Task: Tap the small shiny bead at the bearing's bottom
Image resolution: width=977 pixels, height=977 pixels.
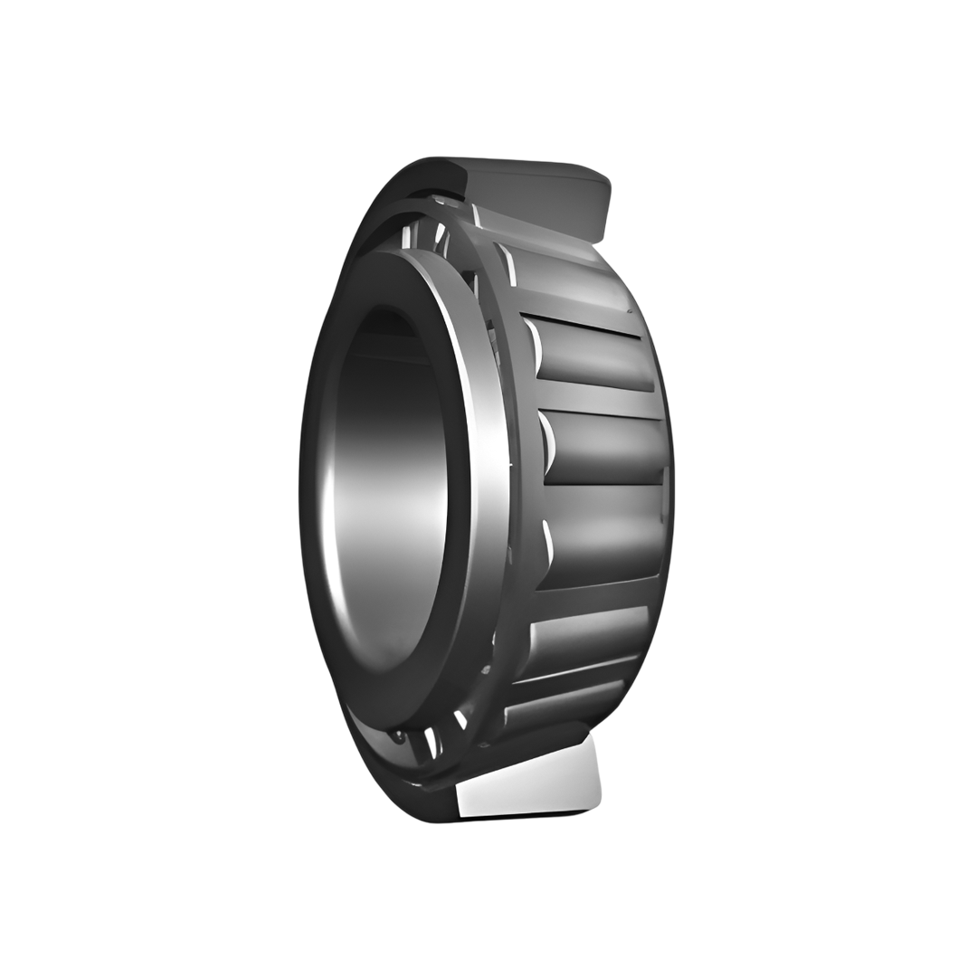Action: (397, 737)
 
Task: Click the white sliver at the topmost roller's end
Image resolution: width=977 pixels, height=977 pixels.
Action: (476, 215)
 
